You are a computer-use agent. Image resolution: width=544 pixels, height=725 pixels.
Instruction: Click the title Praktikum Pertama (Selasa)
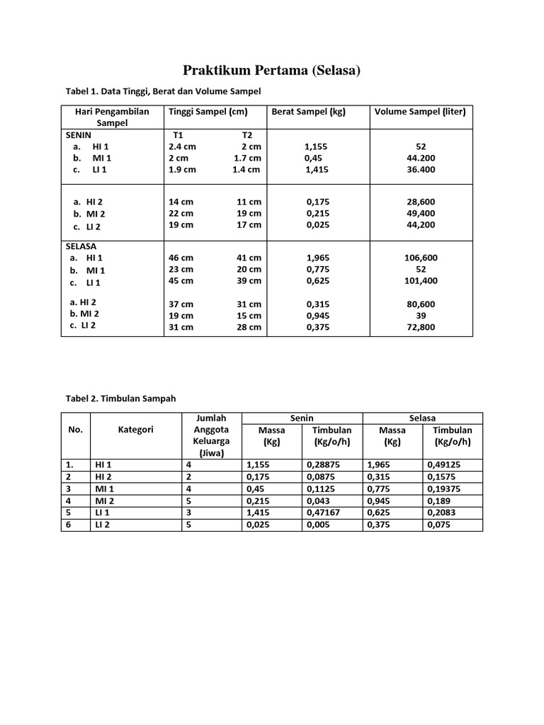point(272,70)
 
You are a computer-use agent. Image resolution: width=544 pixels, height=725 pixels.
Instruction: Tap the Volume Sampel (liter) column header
point(420,112)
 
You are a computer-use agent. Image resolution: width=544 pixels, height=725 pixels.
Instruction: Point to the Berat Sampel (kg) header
point(309,112)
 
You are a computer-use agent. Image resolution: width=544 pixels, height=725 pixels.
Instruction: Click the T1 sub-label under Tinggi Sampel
point(178,135)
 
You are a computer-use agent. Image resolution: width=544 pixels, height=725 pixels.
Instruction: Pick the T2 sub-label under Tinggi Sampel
point(247,135)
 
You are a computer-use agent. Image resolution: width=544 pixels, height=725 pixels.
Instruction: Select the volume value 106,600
point(421,258)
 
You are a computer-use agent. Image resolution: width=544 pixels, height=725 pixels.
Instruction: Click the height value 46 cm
point(181,258)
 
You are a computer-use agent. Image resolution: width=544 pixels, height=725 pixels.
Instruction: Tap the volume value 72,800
point(421,327)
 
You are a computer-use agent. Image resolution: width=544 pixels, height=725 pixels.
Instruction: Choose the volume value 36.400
point(421,169)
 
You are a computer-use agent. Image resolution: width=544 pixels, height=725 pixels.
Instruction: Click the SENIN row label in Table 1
point(79,135)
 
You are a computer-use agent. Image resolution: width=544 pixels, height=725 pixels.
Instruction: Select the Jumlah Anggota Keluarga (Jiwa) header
point(212,435)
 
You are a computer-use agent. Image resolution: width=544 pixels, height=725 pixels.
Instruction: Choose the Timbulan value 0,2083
point(443,513)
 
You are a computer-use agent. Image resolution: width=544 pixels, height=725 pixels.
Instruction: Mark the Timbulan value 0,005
point(319,525)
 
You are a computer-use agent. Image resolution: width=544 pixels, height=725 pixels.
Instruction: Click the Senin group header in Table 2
point(302,418)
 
